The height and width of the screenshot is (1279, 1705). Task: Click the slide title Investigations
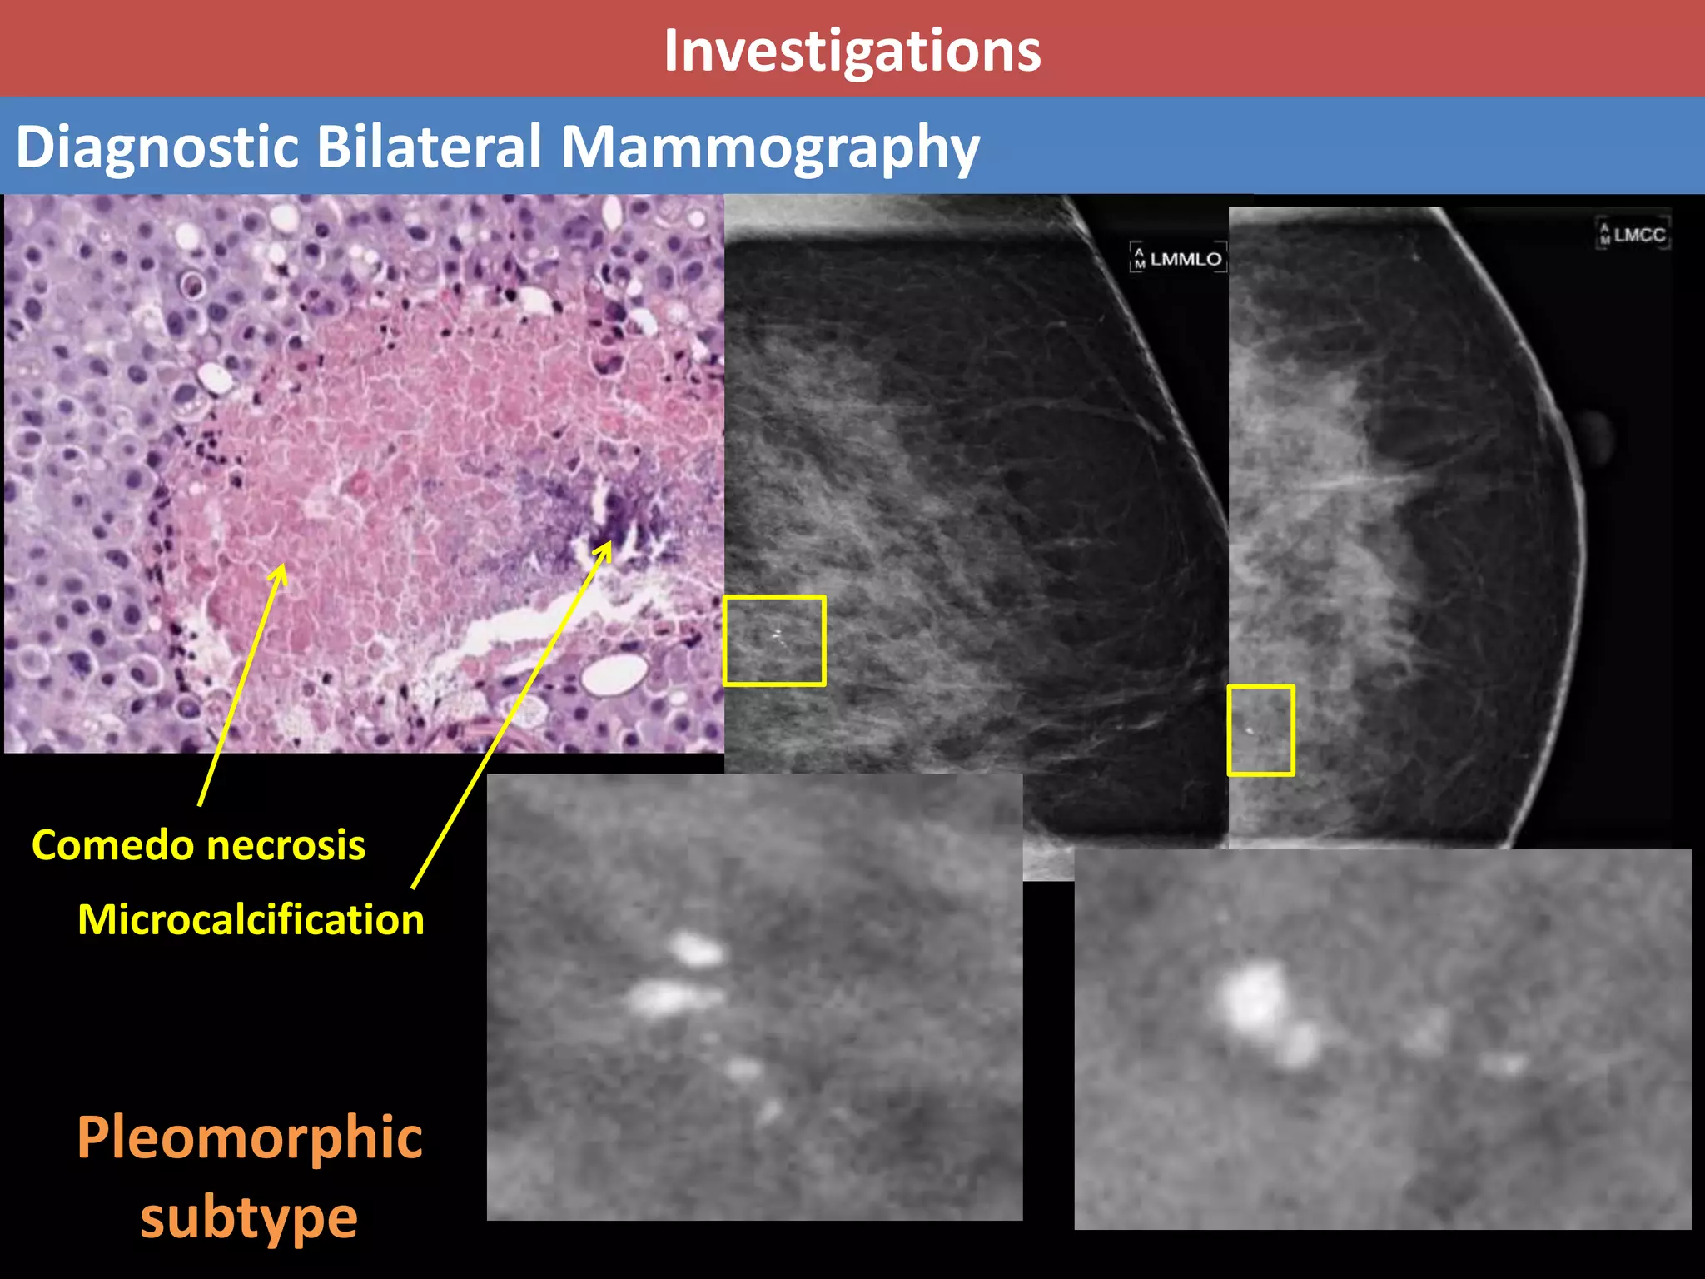click(x=852, y=52)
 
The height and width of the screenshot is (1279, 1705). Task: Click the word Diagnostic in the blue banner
click(x=157, y=147)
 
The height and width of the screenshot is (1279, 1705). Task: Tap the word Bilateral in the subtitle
click(x=429, y=147)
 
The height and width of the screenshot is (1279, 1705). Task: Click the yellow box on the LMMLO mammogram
click(x=774, y=640)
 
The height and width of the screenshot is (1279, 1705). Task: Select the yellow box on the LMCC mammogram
click(x=1260, y=730)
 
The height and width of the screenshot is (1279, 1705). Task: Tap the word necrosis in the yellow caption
click(x=286, y=845)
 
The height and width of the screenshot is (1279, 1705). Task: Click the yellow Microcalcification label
click(x=251, y=920)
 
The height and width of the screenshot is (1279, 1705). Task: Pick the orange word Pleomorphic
click(x=250, y=1137)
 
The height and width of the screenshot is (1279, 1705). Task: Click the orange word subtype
click(x=248, y=1217)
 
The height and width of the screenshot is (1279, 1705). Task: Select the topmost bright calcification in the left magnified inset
click(x=695, y=949)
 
